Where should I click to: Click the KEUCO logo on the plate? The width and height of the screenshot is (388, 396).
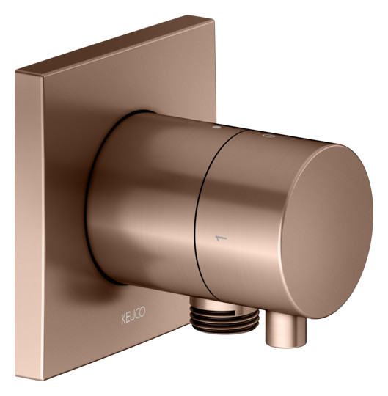[133, 315]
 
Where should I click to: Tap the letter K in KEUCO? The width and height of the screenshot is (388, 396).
[123, 319]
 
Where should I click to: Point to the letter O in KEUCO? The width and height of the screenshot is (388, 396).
[143, 312]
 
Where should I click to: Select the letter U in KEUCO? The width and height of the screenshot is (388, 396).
[133, 315]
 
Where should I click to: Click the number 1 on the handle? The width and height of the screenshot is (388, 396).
[221, 238]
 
